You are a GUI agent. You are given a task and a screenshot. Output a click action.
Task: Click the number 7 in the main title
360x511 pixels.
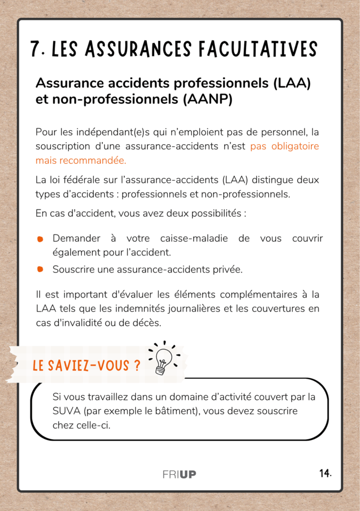click(35, 49)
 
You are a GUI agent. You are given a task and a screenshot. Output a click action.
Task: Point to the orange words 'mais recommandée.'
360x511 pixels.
click(81, 161)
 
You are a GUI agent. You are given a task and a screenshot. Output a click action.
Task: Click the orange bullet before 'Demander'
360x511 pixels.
click(40, 240)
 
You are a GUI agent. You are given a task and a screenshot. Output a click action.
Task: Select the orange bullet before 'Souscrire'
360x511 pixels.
click(40, 269)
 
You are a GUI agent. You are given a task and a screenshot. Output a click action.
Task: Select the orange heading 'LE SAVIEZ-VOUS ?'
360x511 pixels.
click(86, 366)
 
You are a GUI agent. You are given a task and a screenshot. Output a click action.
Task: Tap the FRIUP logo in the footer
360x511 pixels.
click(179, 474)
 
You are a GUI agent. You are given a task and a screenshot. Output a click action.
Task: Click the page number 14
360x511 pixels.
click(326, 473)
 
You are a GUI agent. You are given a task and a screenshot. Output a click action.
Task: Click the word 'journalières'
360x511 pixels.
click(192, 309)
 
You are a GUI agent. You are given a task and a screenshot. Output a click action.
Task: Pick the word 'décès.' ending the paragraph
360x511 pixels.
click(148, 323)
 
